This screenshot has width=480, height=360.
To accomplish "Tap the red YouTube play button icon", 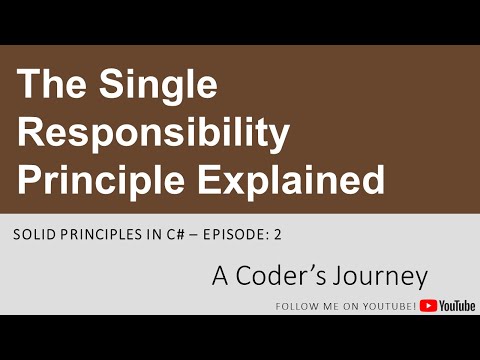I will click(x=428, y=306).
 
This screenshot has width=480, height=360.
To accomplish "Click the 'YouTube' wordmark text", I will click(x=457, y=306).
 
